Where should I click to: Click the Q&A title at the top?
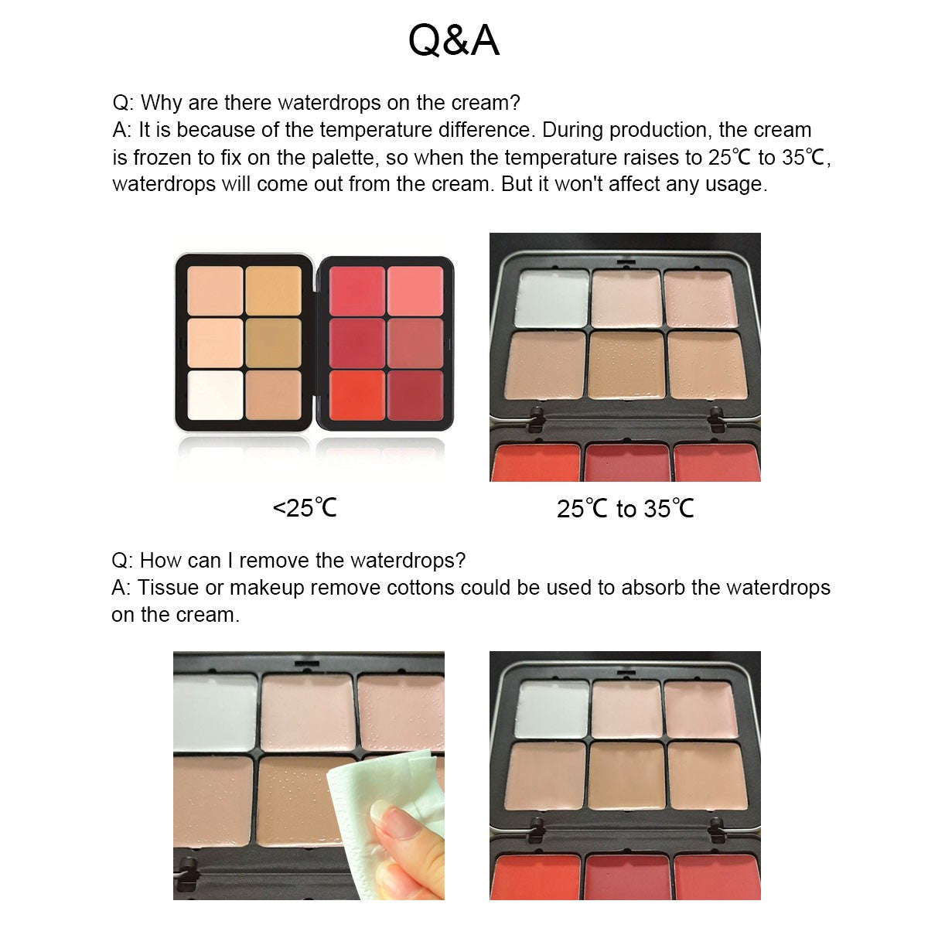[x=454, y=41]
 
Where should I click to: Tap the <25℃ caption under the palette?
[x=305, y=508]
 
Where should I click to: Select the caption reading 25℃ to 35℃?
[x=625, y=508]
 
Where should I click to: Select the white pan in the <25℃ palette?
[x=215, y=395]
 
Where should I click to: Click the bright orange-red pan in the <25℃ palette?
[x=357, y=395]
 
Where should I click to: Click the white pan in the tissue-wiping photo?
[x=214, y=710]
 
